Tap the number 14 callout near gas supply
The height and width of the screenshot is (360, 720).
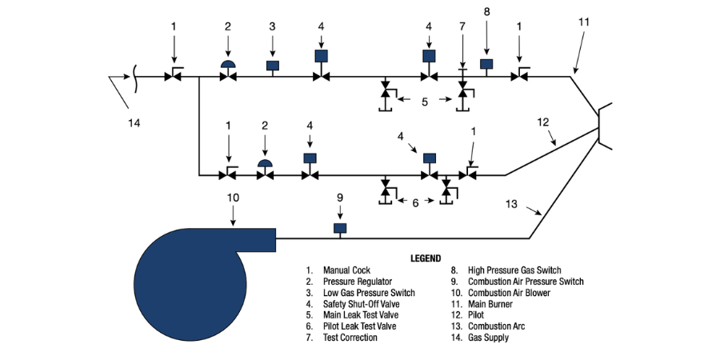134,122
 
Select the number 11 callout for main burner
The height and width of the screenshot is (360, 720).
583,22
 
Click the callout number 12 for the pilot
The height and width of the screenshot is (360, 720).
543,122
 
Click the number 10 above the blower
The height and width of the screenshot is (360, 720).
233,197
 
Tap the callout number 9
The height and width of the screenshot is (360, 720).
339,197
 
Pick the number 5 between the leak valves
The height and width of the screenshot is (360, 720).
425,102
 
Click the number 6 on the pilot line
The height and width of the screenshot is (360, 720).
415,202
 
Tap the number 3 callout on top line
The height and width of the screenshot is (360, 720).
272,26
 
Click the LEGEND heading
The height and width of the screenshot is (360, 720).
426,258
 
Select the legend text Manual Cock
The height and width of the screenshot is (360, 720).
347,270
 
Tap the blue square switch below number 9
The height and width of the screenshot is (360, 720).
340,228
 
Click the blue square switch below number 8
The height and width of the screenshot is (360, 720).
486,63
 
